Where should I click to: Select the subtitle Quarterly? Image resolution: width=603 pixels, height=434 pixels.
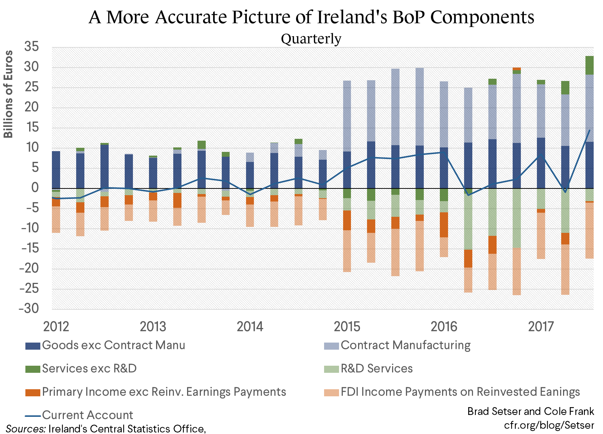click(x=311, y=38)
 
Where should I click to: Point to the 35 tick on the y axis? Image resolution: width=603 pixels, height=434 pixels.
click(x=32, y=47)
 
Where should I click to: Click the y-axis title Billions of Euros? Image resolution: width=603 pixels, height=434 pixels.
click(x=8, y=94)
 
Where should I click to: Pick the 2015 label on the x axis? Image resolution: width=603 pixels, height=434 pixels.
click(x=347, y=327)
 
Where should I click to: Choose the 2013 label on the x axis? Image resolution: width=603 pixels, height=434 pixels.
click(x=153, y=327)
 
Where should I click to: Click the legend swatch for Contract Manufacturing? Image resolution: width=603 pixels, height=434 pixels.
click(x=331, y=346)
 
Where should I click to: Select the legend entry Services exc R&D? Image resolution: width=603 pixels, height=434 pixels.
click(x=89, y=369)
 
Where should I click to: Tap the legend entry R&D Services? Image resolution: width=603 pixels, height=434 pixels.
click(x=376, y=369)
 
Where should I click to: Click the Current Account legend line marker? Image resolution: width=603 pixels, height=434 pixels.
click(x=32, y=415)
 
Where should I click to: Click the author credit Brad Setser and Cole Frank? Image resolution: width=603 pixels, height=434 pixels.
click(x=530, y=411)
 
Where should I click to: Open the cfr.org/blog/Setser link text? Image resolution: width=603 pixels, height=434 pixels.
click(x=548, y=425)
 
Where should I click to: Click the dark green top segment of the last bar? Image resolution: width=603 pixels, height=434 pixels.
click(x=589, y=65)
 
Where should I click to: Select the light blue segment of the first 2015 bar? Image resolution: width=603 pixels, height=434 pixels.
click(x=347, y=116)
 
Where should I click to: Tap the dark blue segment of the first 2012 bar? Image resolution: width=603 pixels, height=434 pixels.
click(x=56, y=170)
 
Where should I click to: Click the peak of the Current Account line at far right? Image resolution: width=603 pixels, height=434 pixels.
click(x=589, y=130)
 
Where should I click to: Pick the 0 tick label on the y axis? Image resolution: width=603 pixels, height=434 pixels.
click(x=35, y=188)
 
